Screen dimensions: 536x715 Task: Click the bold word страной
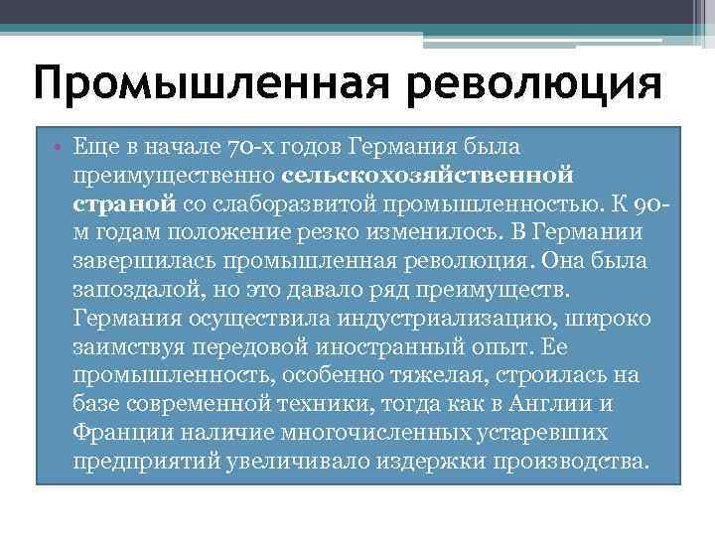[x=125, y=204]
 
